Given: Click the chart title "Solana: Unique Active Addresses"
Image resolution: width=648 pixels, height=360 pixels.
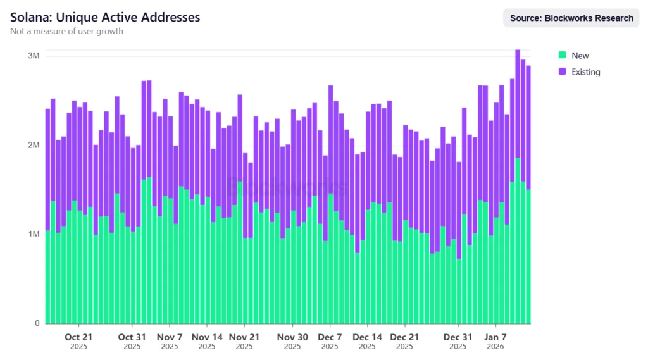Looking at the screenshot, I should [x=105, y=17].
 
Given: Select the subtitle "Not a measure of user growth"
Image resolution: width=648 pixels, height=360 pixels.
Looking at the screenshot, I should [x=66, y=31].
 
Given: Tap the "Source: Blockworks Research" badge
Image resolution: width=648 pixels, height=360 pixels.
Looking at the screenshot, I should [x=571, y=18].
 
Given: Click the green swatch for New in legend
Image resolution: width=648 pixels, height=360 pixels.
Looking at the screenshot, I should [x=562, y=56].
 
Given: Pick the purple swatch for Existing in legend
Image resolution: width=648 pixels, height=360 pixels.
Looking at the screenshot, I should [x=562, y=72].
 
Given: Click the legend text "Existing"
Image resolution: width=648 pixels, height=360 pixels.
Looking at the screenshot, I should [x=585, y=72].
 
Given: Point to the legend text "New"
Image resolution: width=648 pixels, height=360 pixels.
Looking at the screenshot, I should [x=580, y=56].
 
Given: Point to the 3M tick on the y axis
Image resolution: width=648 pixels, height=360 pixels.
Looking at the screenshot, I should [x=34, y=56].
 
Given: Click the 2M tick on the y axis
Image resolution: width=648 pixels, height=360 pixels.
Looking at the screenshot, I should [x=34, y=146].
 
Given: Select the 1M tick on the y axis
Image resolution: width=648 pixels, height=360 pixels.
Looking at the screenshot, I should [x=34, y=234].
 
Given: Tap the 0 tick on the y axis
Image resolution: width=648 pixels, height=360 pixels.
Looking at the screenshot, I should [x=37, y=323].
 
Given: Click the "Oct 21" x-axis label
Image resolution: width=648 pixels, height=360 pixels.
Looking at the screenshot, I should [x=79, y=337].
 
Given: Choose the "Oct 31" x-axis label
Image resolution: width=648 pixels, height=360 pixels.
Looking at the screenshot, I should [x=132, y=337].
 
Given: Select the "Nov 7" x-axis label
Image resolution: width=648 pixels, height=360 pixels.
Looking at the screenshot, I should [x=170, y=337].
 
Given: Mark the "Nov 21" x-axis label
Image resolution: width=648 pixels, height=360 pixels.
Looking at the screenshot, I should [x=244, y=337].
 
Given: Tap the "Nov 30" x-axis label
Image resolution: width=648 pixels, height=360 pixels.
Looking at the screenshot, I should [x=292, y=337].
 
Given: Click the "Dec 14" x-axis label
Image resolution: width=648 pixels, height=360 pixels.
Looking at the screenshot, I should [x=367, y=337].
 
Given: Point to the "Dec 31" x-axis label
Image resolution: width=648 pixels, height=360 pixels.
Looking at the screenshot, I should [x=458, y=337].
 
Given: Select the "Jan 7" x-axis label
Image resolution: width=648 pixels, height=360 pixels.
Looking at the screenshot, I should [x=495, y=337].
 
